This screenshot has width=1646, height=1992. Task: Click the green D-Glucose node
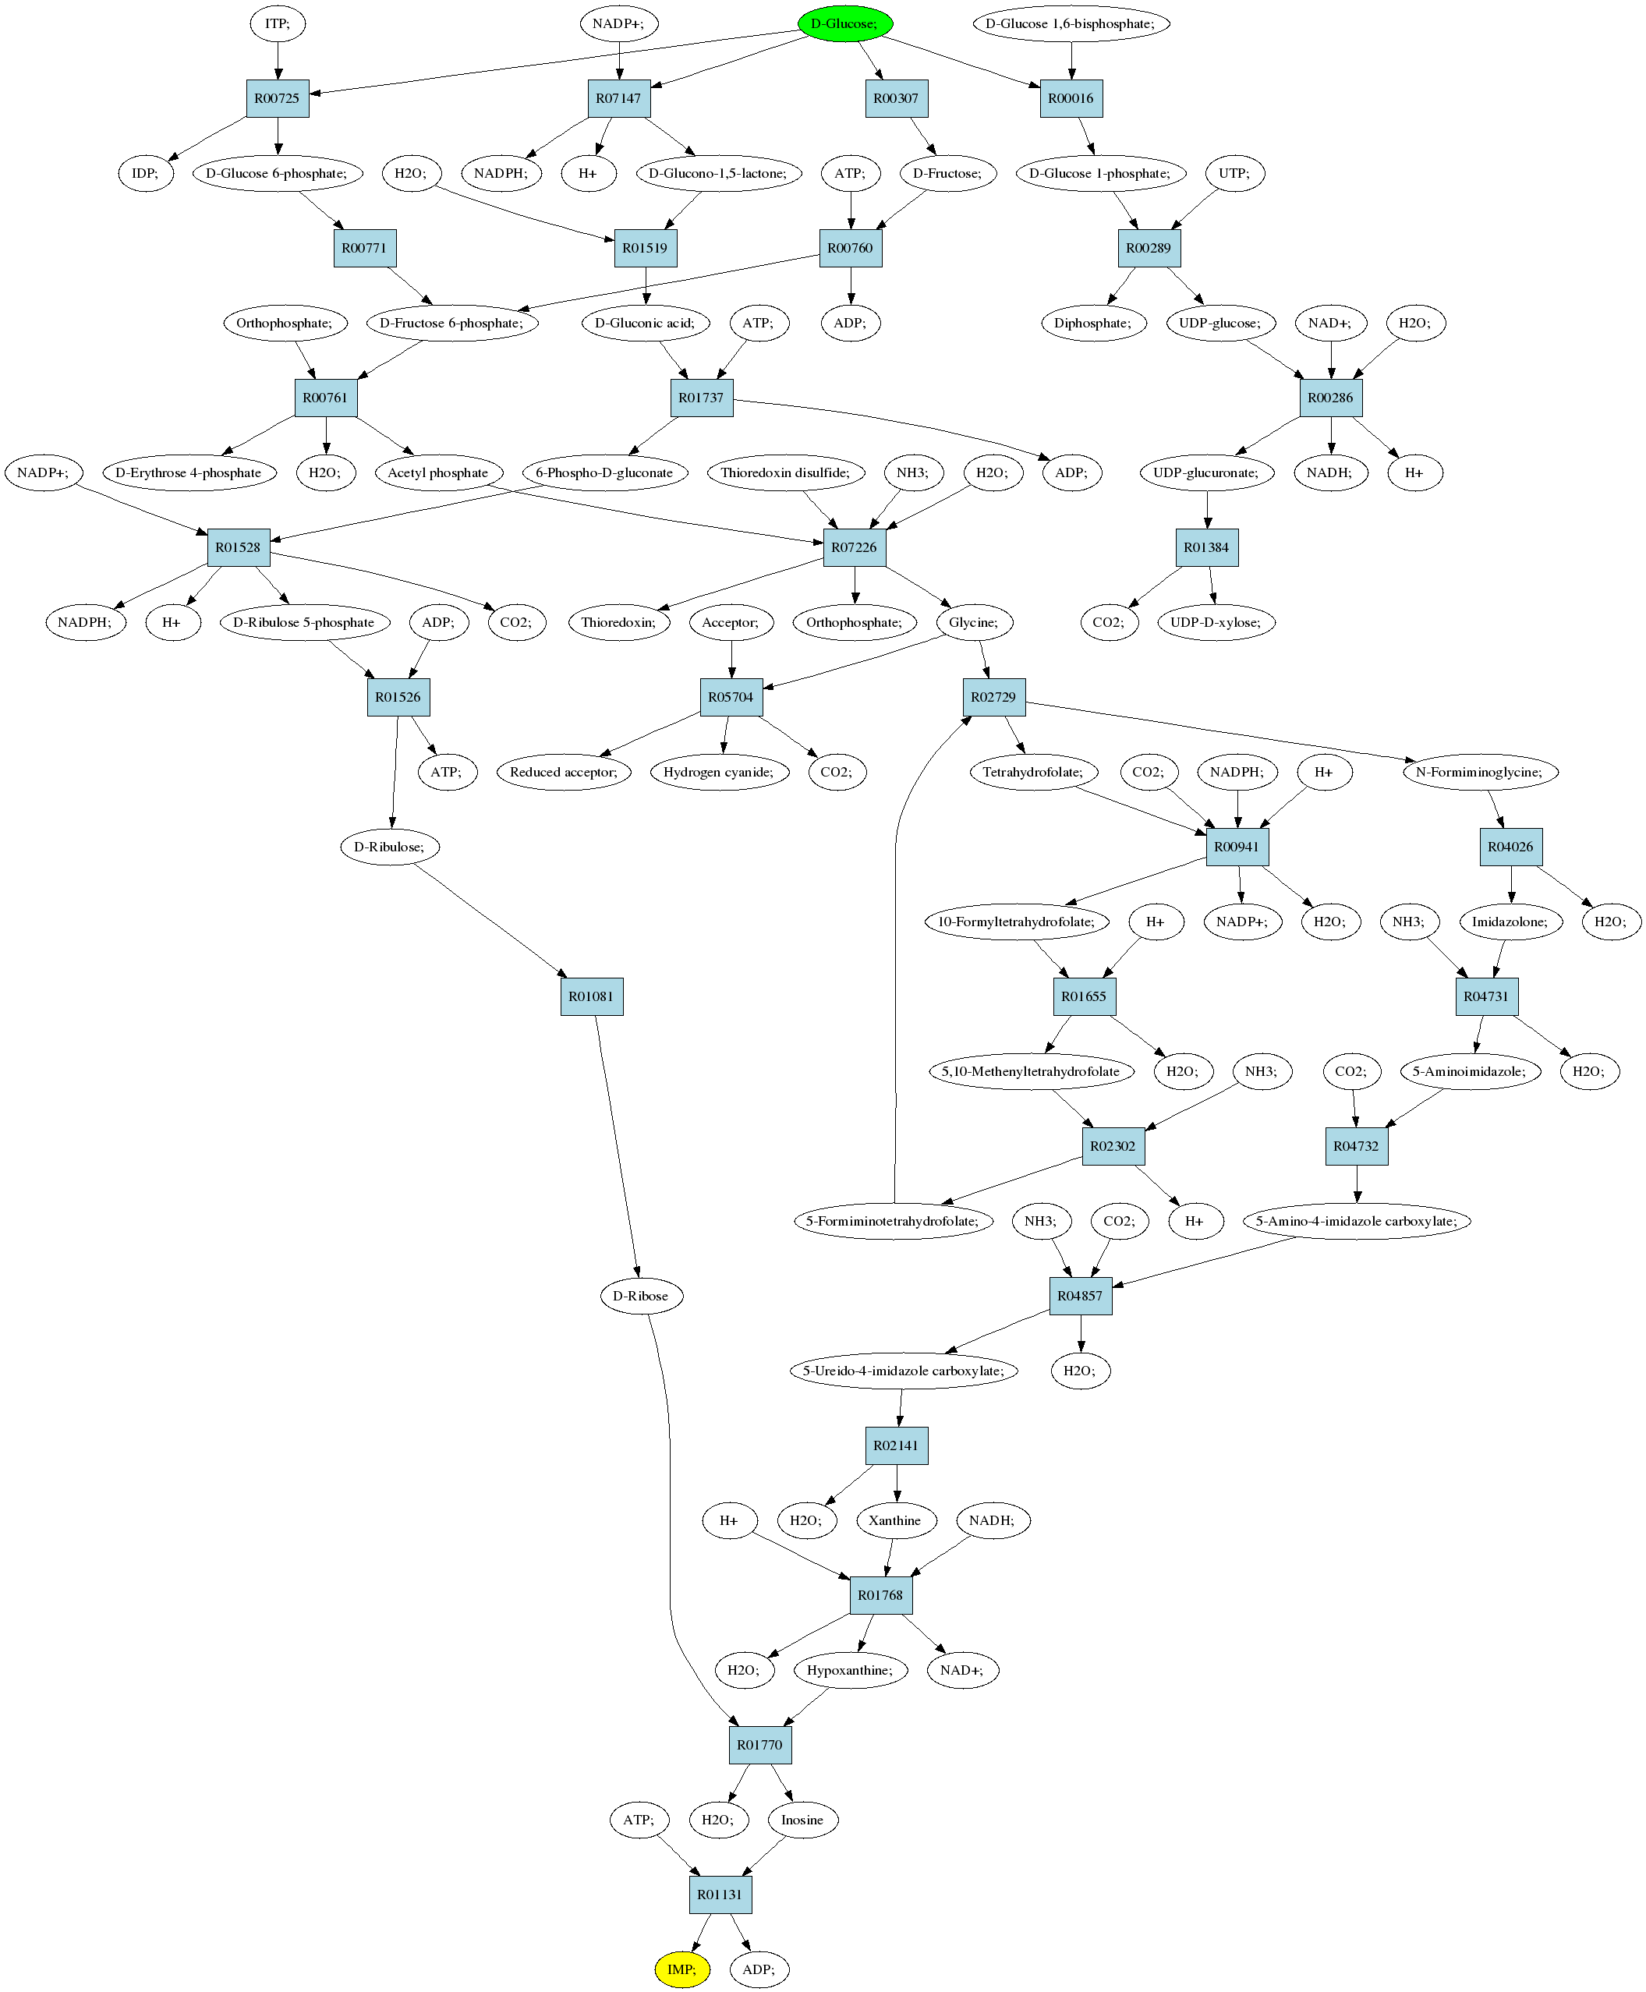tap(844, 23)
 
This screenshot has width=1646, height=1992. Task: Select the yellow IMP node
tap(681, 1969)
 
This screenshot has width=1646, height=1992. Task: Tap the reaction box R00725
tap(277, 98)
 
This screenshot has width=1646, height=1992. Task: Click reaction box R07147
tap(619, 98)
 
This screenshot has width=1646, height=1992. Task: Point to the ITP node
tap(278, 23)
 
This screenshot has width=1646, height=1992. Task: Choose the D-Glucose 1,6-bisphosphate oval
tap(1071, 23)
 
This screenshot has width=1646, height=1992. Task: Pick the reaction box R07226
tap(855, 547)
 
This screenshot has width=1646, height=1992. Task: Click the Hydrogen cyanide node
tap(720, 772)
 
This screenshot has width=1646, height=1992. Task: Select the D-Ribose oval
tap(641, 1296)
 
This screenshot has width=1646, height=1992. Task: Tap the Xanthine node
tap(896, 1520)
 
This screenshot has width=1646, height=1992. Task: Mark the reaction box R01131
tap(720, 1895)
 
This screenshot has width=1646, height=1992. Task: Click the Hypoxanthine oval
tap(851, 1670)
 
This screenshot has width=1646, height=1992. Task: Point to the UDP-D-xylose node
tap(1216, 622)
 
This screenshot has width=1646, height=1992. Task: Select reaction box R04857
tap(1081, 1296)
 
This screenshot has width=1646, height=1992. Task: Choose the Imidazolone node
tap(1510, 922)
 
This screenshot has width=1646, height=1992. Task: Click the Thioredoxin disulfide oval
tap(786, 472)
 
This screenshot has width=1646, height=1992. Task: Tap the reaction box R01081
tap(592, 996)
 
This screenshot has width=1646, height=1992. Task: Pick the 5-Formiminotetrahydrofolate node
tap(893, 1221)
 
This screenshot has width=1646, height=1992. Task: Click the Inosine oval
tap(803, 1820)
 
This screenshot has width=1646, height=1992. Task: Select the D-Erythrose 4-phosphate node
tap(189, 472)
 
